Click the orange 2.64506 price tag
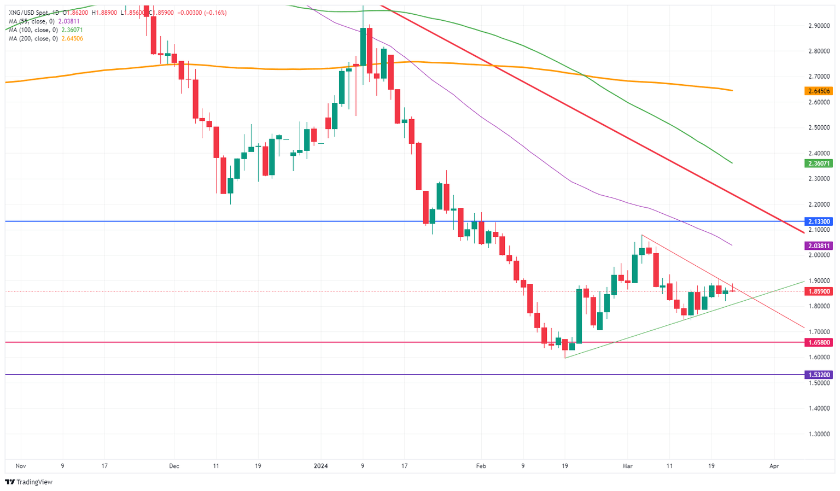(819, 91)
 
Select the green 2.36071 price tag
(819, 163)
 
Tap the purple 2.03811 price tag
(819, 246)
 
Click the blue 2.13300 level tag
(819, 221)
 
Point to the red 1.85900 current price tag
(819, 291)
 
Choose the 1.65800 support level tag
(819, 342)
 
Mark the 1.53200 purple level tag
(819, 375)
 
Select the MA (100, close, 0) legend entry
(34, 30)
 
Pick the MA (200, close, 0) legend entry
(34, 39)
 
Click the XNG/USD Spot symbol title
(31, 13)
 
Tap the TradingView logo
(28, 482)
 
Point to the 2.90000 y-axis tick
(819, 26)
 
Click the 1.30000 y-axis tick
(819, 434)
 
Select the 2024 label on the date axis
(321, 466)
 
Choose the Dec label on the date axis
(174, 466)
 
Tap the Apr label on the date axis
(774, 466)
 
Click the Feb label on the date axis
(481, 466)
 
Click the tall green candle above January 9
(363, 46)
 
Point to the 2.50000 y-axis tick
(819, 127)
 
